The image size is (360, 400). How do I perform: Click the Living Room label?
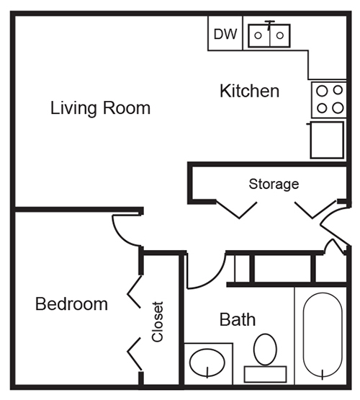pyautogui.click(x=100, y=108)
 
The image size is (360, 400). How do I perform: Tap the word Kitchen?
pyautogui.click(x=249, y=91)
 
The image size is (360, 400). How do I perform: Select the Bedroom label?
pyautogui.click(x=71, y=304)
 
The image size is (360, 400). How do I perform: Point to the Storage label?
pyautogui.click(x=274, y=185)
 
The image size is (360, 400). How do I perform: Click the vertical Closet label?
pyautogui.click(x=157, y=322)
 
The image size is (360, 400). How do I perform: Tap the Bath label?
pyautogui.click(x=238, y=320)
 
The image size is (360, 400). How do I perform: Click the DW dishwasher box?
pyautogui.click(x=225, y=33)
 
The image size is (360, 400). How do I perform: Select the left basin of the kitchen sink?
pyautogui.click(x=259, y=35)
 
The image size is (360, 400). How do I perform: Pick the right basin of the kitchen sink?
pyautogui.click(x=280, y=35)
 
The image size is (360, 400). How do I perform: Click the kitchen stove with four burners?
pyautogui.click(x=329, y=99)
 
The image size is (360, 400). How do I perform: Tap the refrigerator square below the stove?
pyautogui.click(x=327, y=140)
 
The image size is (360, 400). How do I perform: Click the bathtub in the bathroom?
pyautogui.click(x=323, y=334)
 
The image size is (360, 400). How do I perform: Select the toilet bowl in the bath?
pyautogui.click(x=265, y=350)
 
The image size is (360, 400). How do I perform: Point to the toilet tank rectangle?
pyautogui.click(x=265, y=374)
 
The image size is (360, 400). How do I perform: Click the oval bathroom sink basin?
pyautogui.click(x=207, y=363)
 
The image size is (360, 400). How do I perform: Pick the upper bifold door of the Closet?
pyautogui.click(x=134, y=292)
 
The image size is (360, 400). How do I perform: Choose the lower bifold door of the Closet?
pyautogui.click(x=134, y=354)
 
